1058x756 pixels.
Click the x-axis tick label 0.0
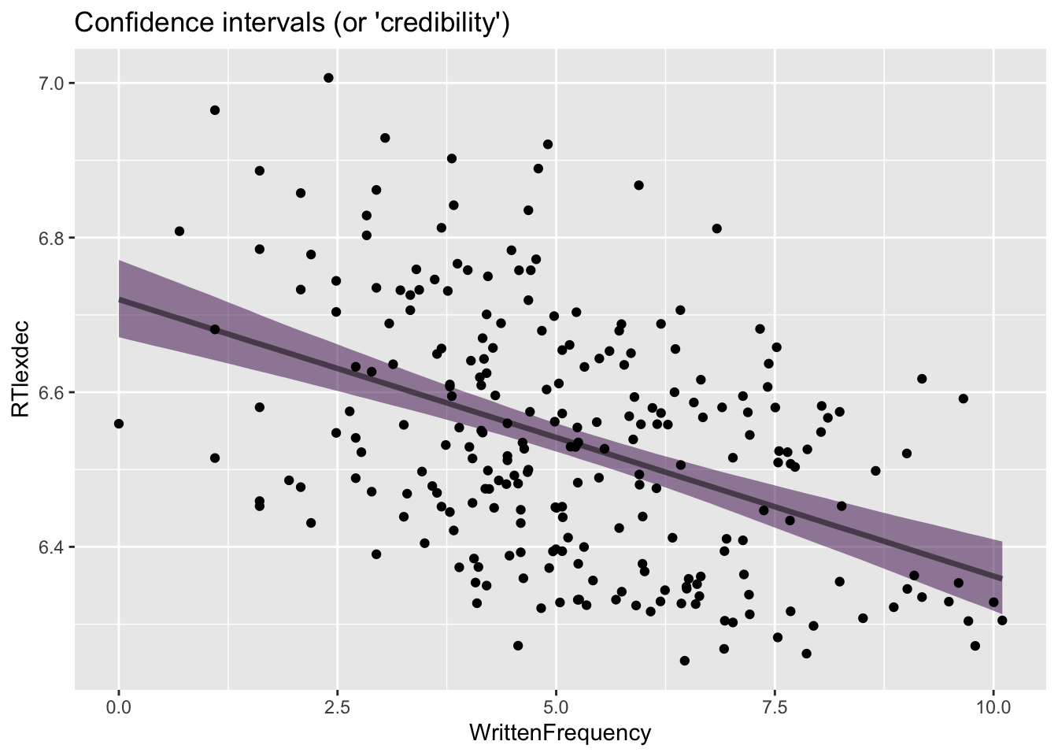119,707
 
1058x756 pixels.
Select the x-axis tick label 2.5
337,707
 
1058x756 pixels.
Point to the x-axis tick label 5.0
556,707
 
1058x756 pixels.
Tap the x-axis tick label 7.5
775,707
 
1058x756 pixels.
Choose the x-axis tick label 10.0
993,707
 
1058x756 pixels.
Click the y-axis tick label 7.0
50,83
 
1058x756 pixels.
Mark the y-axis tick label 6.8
50,238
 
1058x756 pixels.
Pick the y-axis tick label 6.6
50,392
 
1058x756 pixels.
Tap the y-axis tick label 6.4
50,547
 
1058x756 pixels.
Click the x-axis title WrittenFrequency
560,734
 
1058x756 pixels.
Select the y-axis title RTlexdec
20,369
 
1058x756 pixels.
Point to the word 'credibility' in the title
445,23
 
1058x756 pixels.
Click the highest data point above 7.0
328,78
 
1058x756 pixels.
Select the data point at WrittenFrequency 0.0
119,424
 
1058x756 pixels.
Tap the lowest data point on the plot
684,661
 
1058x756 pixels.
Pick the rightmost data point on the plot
1002,621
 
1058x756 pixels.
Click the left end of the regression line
119,299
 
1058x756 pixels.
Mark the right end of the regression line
1001,578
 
